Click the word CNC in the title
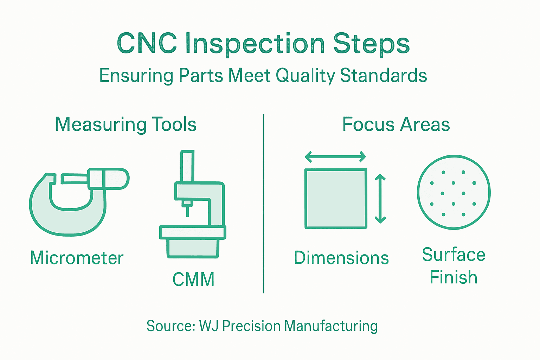pos(147,44)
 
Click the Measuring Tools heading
pos(126,124)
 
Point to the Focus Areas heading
pos(396,124)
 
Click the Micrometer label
pos(77,258)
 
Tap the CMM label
pos(193,279)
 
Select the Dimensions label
pos(341,258)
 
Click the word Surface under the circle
pos(454,255)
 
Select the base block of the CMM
pos(193,248)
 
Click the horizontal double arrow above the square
pos(335,157)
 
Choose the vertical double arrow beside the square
pos(380,199)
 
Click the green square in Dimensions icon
pos(336,199)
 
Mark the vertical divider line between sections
pos(263,204)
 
